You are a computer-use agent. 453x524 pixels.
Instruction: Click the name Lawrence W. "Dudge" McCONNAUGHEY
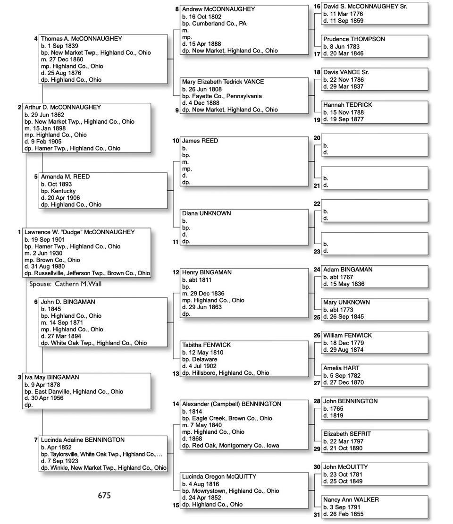[x=79, y=232]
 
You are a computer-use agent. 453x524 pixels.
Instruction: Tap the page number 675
[x=104, y=495]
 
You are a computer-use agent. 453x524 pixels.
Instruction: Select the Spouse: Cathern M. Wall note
[x=65, y=284]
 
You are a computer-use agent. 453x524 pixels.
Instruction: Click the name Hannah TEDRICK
[x=347, y=105]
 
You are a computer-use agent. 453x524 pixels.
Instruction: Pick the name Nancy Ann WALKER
[x=351, y=499]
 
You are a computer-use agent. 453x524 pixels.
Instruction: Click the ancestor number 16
[x=317, y=7]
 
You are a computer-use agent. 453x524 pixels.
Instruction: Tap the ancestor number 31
[x=317, y=515]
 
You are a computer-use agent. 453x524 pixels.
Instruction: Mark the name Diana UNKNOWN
[x=206, y=213]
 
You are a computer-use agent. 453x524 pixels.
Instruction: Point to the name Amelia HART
[x=341, y=368]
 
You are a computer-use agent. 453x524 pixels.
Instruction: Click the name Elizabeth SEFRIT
[x=347, y=434]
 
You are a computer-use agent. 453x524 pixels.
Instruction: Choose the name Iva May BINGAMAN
[x=51, y=378]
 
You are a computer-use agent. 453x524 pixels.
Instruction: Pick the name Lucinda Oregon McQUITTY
[x=219, y=477]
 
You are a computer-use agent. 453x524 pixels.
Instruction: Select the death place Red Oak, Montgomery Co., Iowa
[x=235, y=445]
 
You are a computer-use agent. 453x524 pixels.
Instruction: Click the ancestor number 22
[x=317, y=204]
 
